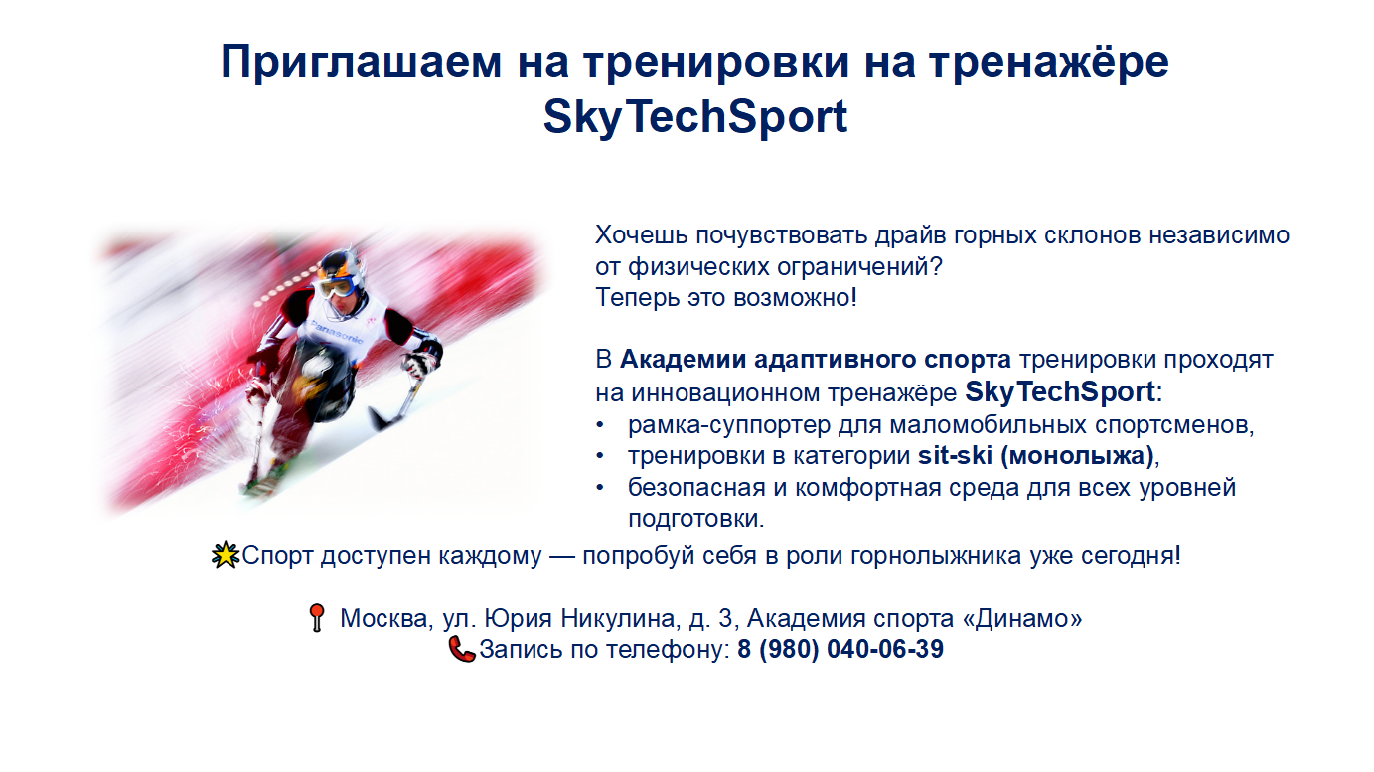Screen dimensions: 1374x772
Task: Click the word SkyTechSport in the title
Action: [695, 117]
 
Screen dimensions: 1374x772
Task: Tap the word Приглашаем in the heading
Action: [362, 62]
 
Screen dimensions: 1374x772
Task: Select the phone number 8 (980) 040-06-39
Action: [840, 649]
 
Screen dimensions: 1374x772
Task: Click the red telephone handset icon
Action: [461, 649]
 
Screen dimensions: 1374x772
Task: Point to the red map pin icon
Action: [317, 617]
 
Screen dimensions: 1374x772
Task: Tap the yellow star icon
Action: [226, 555]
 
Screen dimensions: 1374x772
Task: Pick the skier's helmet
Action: [341, 267]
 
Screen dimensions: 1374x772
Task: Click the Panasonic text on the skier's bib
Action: [337, 332]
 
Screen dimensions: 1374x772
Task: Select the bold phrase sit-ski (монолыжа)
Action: [1036, 455]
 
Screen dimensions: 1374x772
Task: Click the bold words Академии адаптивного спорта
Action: [816, 360]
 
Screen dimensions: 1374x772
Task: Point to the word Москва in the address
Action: [383, 618]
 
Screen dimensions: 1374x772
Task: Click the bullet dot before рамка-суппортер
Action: [600, 424]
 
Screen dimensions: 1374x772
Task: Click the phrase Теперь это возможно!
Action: [726, 298]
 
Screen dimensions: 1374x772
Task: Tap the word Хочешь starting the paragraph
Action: [642, 235]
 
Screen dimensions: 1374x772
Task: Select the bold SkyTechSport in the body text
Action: [1060, 392]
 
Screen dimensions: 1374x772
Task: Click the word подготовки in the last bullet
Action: [696, 520]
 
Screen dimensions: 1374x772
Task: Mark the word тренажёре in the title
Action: [1049, 62]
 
